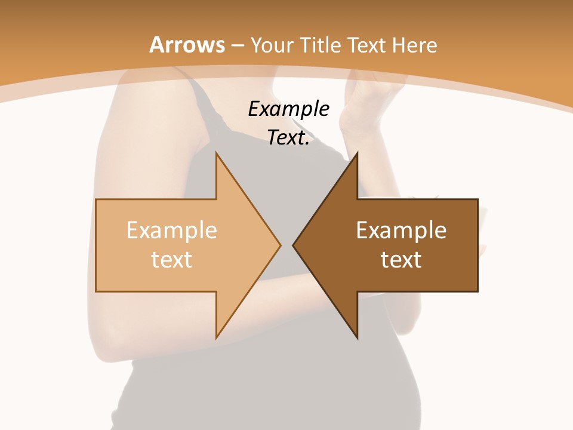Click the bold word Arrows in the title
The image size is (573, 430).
point(187,45)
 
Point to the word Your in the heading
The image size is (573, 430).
point(271,45)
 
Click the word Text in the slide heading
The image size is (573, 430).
point(365,45)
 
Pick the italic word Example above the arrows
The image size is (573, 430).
point(288,109)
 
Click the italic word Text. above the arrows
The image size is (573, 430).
point(288,138)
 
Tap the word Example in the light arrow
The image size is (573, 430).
point(171,231)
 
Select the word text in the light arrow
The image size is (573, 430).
point(171,259)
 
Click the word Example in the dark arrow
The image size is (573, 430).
point(401,231)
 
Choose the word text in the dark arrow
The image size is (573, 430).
point(401,259)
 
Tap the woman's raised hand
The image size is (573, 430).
point(370,96)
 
